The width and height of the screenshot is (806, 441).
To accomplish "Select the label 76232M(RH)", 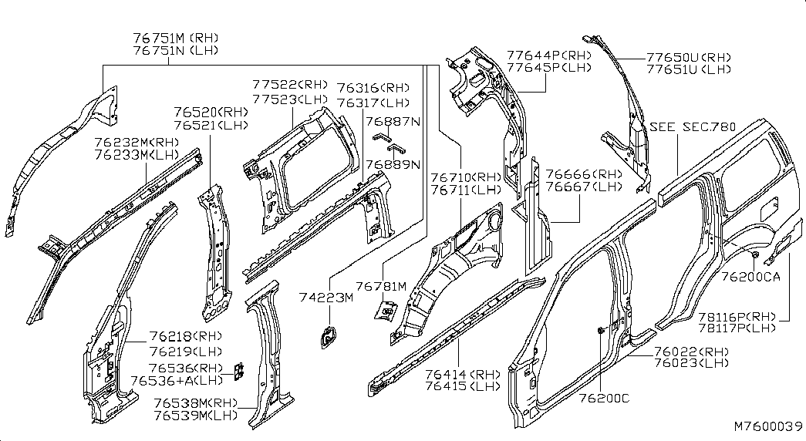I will click(x=137, y=143).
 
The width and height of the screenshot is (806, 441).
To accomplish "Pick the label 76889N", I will click(x=393, y=163).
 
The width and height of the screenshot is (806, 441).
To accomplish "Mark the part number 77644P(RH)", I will click(x=548, y=55).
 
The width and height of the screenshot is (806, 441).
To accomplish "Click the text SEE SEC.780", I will click(x=692, y=126).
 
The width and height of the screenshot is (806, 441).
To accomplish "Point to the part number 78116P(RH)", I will click(x=736, y=317).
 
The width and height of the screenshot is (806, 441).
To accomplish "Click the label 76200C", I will click(x=604, y=398).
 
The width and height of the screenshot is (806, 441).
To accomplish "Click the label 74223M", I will click(x=326, y=298).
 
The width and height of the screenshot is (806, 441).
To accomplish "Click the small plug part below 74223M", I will click(x=328, y=336).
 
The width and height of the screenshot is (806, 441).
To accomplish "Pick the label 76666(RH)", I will click(x=572, y=173).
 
